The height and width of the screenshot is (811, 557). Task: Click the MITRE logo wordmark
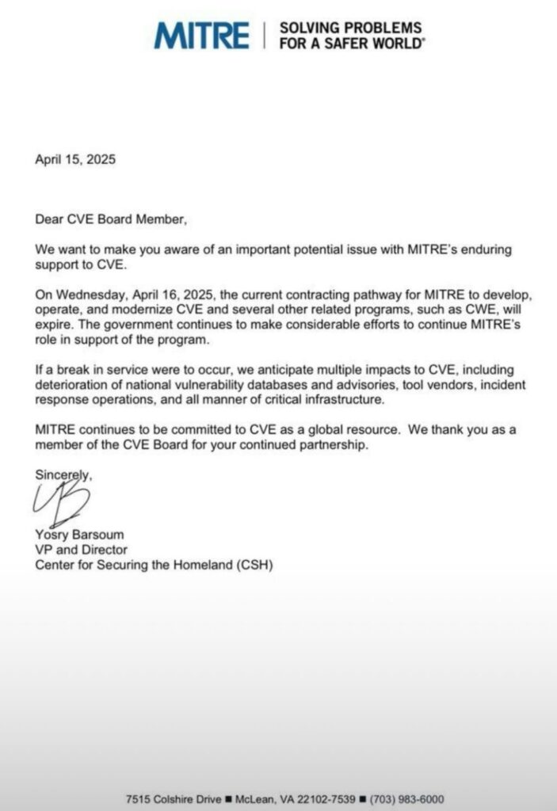pos(201,36)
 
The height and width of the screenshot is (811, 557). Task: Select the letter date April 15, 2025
pos(75,159)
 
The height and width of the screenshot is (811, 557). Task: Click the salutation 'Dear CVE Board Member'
pos(111,219)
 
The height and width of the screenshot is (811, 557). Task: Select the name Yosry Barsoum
pos(81,535)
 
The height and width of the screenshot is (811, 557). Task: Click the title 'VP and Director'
pos(81,550)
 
